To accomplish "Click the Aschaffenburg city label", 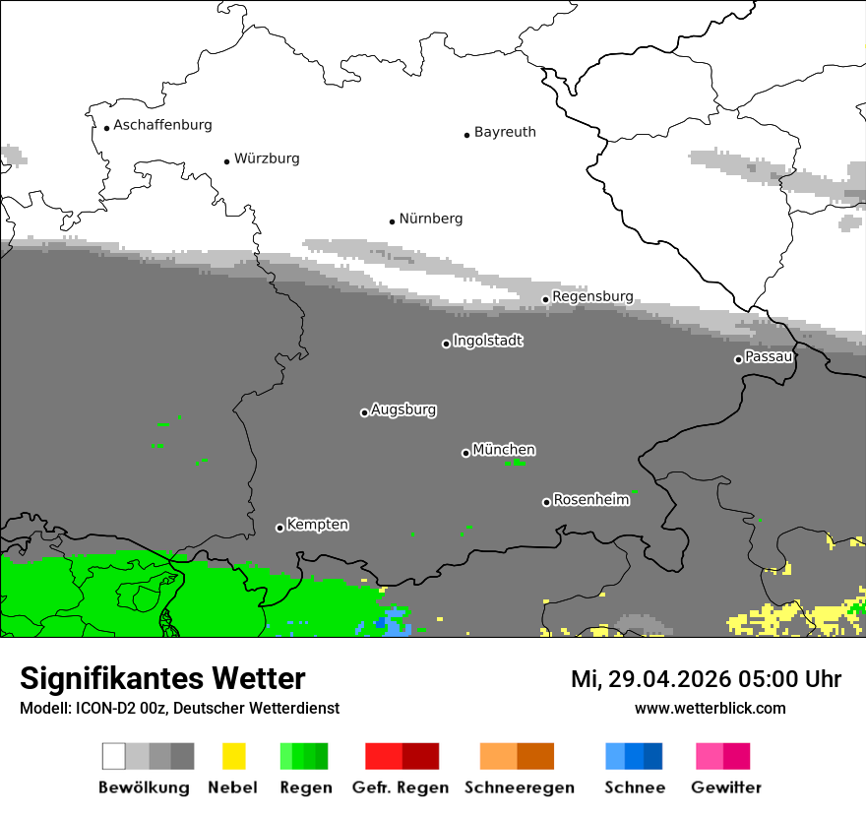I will [x=162, y=125].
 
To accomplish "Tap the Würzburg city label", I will [x=267, y=158].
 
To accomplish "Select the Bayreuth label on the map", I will [x=505, y=132].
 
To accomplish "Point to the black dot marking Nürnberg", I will [x=392, y=221].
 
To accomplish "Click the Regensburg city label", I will [x=592, y=296].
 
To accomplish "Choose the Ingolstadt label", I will [x=488, y=341].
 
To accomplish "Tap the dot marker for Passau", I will [x=738, y=359].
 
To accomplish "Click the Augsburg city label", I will [x=403, y=409].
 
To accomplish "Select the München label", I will [x=504, y=450].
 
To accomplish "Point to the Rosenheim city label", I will [x=591, y=500].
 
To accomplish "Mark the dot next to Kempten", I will [x=279, y=528].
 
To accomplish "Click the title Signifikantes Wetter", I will [x=162, y=678].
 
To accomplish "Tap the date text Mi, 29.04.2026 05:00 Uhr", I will [x=706, y=679].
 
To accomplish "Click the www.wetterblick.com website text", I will [x=710, y=708].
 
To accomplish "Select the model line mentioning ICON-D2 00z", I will [x=179, y=708].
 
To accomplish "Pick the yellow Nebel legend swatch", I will [x=233, y=756].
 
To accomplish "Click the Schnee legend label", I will [x=634, y=787].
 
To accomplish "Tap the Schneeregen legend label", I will [x=519, y=787].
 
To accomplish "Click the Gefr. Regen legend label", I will [x=401, y=787].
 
